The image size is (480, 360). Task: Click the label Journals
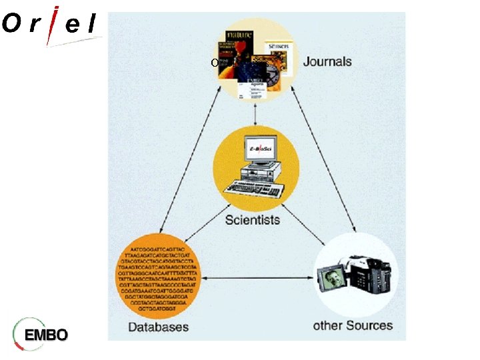[327, 62]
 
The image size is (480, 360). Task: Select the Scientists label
[253, 219]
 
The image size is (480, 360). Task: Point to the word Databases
[159, 327]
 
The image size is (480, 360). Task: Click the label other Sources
[353, 326]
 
